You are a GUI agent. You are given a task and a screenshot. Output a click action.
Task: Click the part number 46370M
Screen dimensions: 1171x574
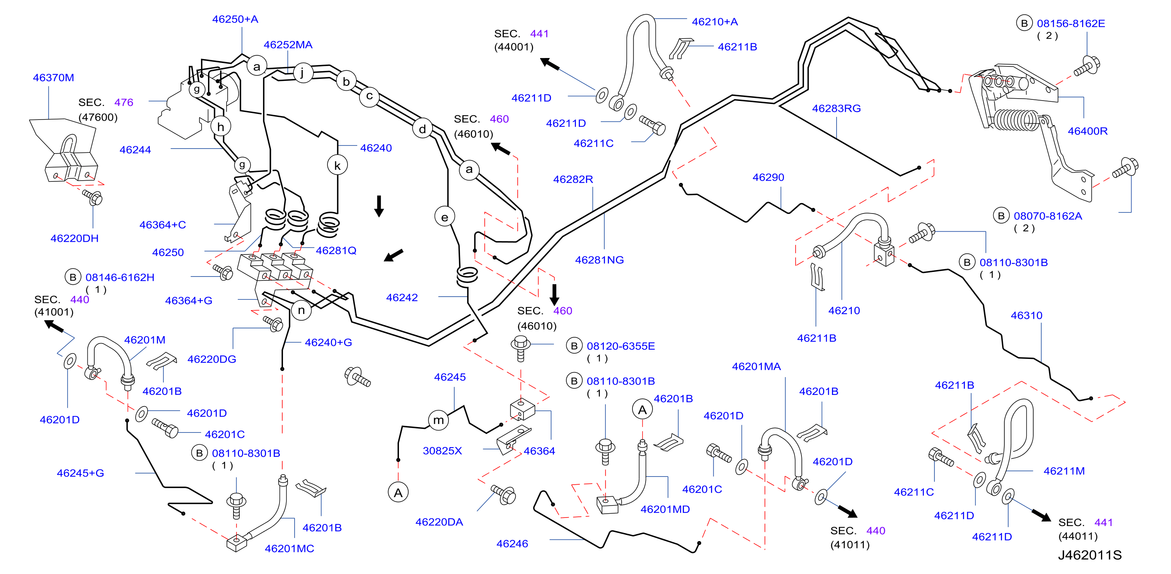(x=53, y=78)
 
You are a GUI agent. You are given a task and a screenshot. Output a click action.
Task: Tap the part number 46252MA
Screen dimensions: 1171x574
(x=288, y=45)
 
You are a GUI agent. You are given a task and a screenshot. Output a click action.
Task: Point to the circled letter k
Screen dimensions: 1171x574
(x=337, y=165)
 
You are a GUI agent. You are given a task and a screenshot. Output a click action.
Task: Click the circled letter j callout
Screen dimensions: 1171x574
(x=302, y=73)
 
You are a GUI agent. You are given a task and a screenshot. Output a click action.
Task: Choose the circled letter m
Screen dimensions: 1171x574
(x=438, y=420)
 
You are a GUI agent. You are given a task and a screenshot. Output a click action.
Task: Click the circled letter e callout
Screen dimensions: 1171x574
(x=445, y=217)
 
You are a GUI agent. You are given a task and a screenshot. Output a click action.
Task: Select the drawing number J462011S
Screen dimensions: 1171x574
(x=1090, y=555)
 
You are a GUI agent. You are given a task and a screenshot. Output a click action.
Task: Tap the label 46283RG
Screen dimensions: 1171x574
(x=837, y=109)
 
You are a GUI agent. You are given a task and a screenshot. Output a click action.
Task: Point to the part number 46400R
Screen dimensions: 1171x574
(x=1087, y=132)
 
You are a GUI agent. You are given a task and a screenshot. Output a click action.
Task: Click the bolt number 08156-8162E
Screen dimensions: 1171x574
(x=1070, y=24)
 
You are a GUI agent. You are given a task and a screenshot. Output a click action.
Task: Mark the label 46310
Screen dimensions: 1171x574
(x=1026, y=316)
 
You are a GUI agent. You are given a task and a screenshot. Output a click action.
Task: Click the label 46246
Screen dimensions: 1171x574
(x=512, y=544)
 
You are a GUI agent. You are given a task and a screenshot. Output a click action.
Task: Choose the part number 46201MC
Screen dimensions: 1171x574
(x=290, y=549)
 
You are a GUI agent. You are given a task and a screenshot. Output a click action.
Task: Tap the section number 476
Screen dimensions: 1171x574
(x=124, y=102)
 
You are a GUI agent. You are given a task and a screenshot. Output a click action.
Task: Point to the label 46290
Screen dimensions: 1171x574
(x=768, y=178)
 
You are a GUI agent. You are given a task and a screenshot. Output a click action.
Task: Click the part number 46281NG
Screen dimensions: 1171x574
(x=600, y=260)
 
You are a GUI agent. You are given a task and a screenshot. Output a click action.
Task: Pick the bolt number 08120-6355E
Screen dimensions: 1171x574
(x=620, y=346)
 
